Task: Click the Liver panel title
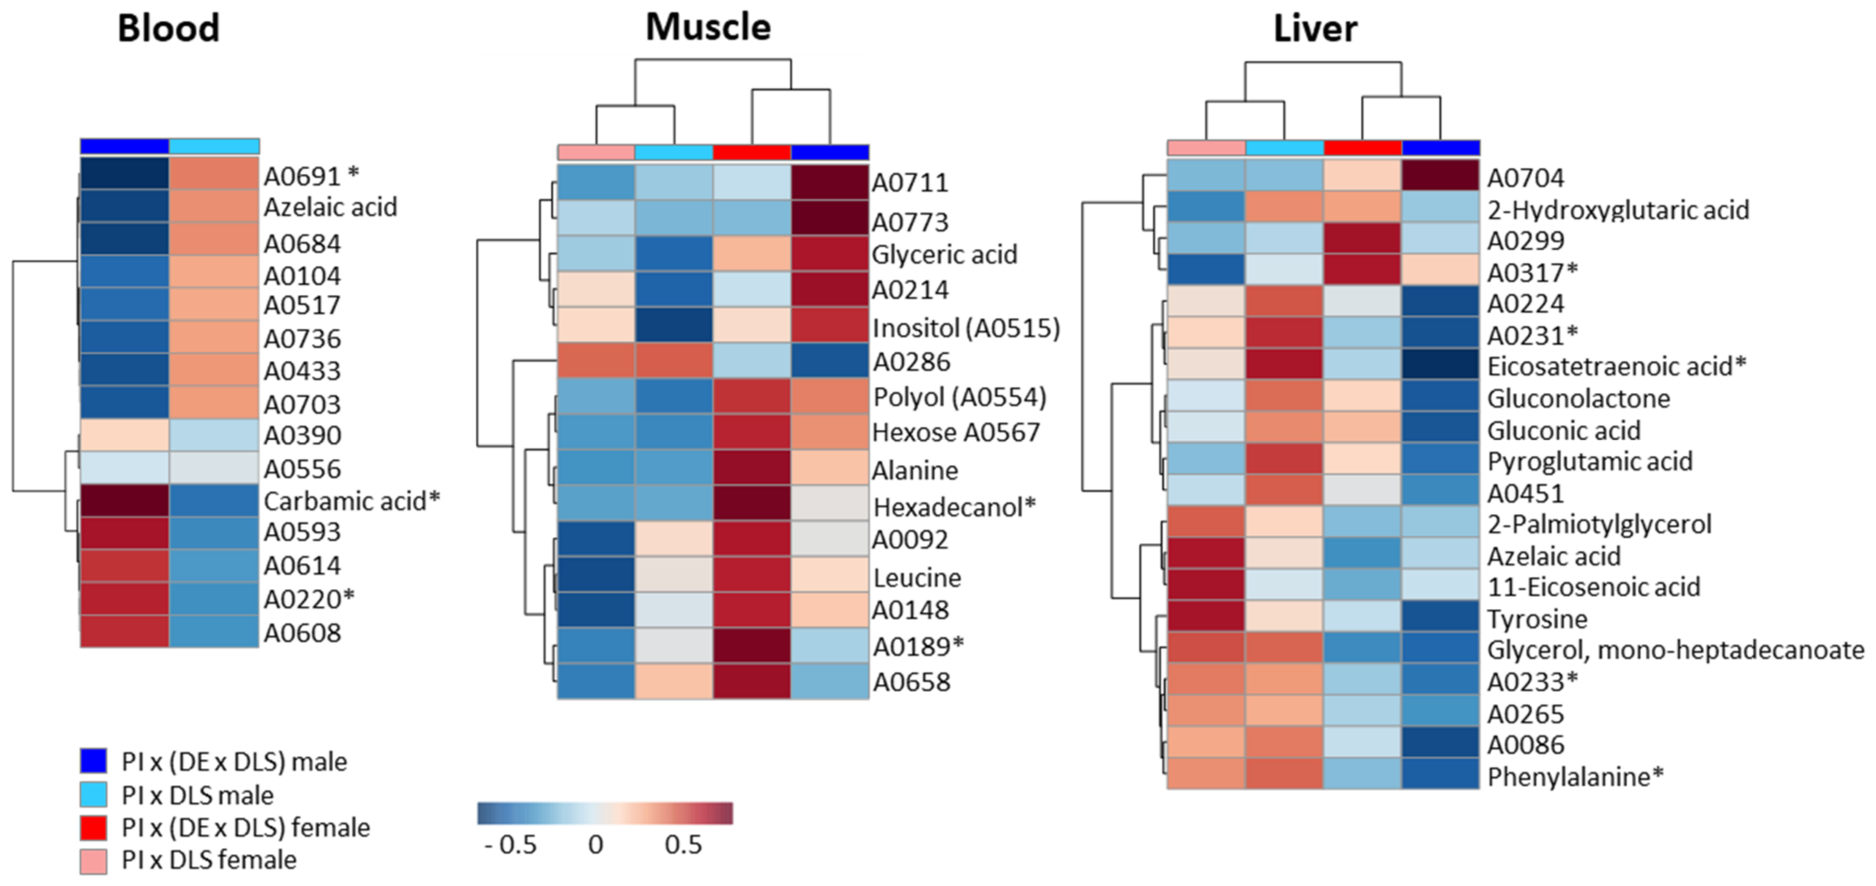pos(1314,29)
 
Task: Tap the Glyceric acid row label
pos(944,254)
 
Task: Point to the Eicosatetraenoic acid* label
pos(1616,366)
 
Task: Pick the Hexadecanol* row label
pos(954,506)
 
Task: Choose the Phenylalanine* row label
pos(1575,777)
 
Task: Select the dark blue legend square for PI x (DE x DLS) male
pos(93,760)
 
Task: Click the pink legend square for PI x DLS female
pos(93,860)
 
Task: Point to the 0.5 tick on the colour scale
pos(683,845)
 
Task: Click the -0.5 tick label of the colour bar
pos(510,845)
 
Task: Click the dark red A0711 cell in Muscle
pos(829,182)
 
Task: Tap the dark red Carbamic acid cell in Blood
pos(124,501)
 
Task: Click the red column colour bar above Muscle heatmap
pos(751,152)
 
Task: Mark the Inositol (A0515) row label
pos(965,328)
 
